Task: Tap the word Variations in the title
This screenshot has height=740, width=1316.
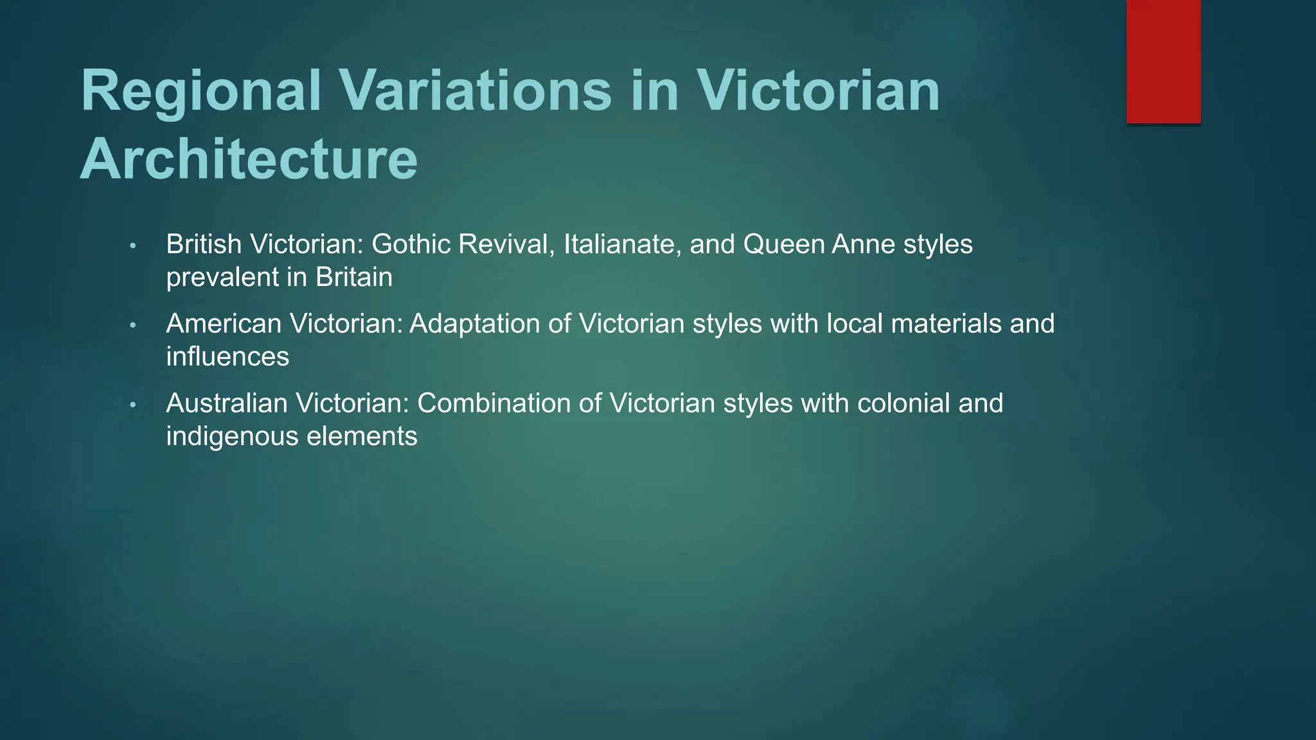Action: coord(476,91)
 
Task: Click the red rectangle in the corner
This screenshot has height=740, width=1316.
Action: coord(1163,61)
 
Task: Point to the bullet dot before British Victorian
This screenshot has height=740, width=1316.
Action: coord(133,246)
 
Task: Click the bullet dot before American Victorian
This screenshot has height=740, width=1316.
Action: coord(133,326)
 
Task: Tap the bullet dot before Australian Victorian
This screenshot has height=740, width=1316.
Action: coord(133,405)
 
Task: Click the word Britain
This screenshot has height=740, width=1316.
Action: coord(353,277)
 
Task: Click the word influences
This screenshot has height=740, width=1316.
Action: coord(227,357)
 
